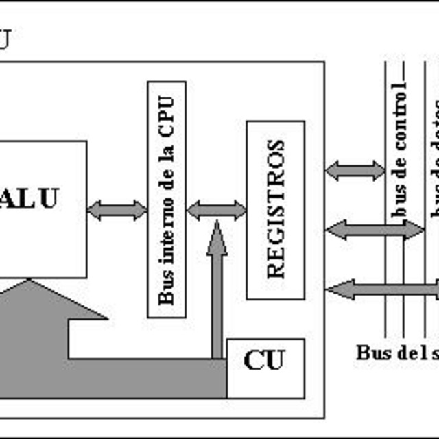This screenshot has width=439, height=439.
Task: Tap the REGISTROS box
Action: click(275, 209)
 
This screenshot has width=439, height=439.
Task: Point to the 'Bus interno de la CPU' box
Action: click(167, 199)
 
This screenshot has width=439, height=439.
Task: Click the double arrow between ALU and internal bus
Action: click(117, 210)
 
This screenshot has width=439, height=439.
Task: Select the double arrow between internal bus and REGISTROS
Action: click(216, 210)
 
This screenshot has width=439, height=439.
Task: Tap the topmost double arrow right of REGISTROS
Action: click(355, 171)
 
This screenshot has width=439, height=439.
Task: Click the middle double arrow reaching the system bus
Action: click(375, 230)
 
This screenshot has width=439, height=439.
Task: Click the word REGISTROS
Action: click(275, 209)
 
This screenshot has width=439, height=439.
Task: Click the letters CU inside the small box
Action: click(263, 360)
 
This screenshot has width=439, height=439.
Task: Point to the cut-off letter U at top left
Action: click(4, 40)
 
